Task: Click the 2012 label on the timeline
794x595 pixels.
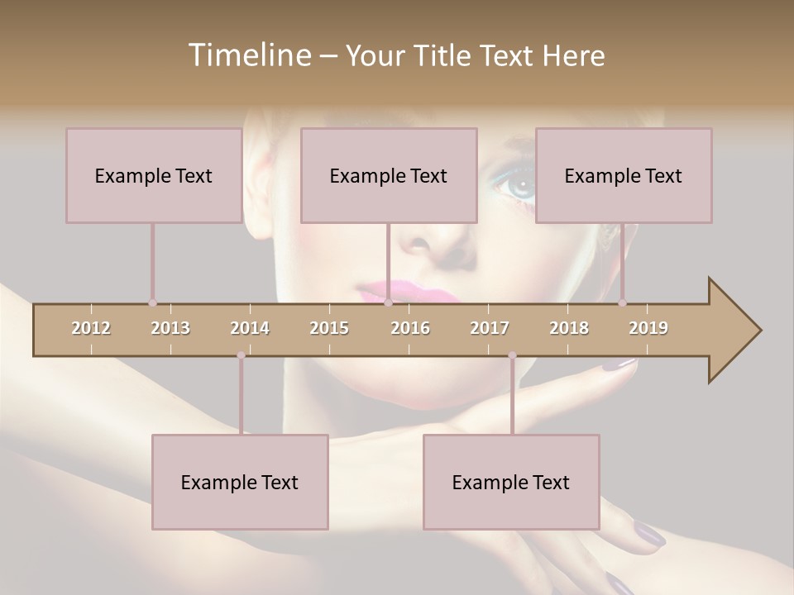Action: pos(91,328)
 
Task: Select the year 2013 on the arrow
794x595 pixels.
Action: pos(170,328)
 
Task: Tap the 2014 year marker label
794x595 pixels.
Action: pos(250,328)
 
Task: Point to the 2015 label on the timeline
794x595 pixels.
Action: pos(329,328)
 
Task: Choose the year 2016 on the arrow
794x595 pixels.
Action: pos(410,328)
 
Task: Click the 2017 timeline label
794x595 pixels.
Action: pos(490,328)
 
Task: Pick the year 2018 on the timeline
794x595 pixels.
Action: pos(569,328)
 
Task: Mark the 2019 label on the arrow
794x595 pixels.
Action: pos(648,328)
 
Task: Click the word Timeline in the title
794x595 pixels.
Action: pos(249,55)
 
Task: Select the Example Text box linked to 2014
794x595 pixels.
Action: pos(240,482)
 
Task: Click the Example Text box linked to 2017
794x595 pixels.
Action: pos(511,482)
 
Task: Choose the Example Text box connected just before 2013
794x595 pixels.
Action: pos(154,175)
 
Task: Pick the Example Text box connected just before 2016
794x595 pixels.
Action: pos(389,175)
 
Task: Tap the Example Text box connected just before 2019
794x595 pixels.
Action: pos(624,175)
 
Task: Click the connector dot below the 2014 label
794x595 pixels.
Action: pos(241,355)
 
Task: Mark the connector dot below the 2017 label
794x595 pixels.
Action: pos(512,355)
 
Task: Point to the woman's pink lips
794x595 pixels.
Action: pos(393,291)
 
